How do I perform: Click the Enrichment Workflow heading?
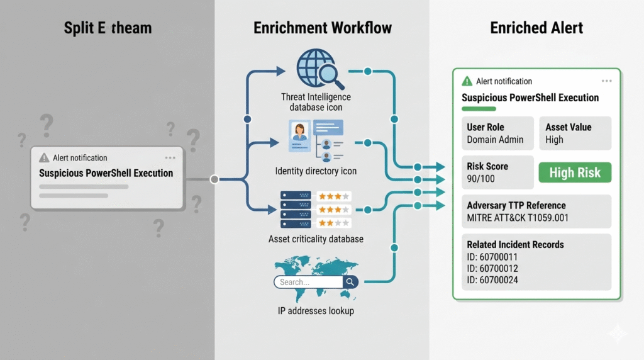(322, 28)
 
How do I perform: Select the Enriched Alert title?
(536, 28)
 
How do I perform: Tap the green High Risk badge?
(575, 172)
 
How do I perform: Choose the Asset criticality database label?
(316, 239)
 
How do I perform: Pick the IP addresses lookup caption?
(316, 311)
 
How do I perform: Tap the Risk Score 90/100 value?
(482, 179)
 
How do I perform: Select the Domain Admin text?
(495, 140)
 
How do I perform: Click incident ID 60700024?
(492, 279)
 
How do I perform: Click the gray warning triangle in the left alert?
(44, 158)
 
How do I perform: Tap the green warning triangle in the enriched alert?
(467, 81)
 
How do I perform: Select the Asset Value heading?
(568, 127)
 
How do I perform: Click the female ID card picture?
(300, 136)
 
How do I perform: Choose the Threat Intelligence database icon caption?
(316, 102)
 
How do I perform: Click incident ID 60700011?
(492, 257)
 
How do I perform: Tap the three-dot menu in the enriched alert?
(606, 81)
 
